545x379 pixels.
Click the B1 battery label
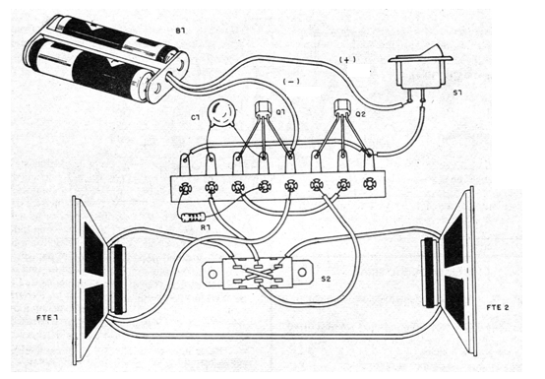[180, 31]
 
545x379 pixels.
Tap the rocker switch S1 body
[420, 71]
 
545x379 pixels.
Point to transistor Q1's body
[263, 108]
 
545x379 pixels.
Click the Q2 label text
[360, 114]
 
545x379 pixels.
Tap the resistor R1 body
[193, 218]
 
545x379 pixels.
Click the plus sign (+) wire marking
[347, 60]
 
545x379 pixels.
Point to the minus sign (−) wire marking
[291, 82]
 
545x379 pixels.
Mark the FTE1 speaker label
[47, 317]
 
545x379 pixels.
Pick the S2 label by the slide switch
[326, 279]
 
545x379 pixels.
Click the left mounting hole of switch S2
[212, 274]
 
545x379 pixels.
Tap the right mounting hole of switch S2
[302, 272]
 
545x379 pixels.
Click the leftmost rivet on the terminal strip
[185, 189]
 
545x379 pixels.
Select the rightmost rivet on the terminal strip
[370, 183]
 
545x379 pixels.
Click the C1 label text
[196, 117]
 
